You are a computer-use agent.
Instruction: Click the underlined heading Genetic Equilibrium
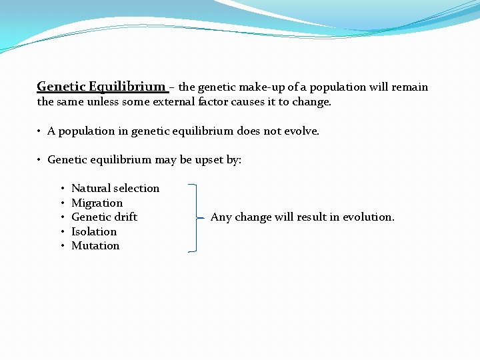click(x=101, y=87)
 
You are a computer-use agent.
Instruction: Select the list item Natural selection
click(x=115, y=188)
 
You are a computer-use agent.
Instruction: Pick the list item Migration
click(x=97, y=203)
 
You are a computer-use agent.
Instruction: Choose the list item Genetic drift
click(x=104, y=217)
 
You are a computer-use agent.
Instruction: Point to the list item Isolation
click(x=94, y=231)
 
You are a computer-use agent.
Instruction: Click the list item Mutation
click(x=95, y=245)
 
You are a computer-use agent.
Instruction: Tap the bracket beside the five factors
click(x=195, y=218)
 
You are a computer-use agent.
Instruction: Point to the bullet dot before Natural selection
click(x=61, y=189)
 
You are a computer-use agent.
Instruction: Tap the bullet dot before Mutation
click(x=61, y=246)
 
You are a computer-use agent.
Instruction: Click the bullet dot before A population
click(x=40, y=131)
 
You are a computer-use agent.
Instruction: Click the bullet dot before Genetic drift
click(x=61, y=217)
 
